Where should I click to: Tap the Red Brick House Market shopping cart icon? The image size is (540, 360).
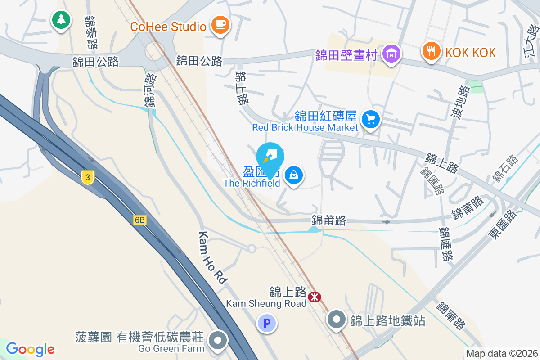pyautogui.click(x=371, y=120)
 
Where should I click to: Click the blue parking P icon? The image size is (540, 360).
pyautogui.click(x=266, y=323)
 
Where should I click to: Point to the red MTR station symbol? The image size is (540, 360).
pyautogui.click(x=314, y=297)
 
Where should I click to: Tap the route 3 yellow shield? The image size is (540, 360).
pyautogui.click(x=88, y=177)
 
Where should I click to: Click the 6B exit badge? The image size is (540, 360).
pyautogui.click(x=140, y=220)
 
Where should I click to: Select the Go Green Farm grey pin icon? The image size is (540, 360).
pyautogui.click(x=219, y=340)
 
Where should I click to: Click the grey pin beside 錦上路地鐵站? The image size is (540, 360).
pyautogui.click(x=336, y=320)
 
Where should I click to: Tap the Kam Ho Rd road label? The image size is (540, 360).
pyautogui.click(x=212, y=257)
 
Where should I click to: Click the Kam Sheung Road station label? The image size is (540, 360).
pyautogui.click(x=266, y=303)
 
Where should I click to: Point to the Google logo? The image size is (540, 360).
pyautogui.click(x=30, y=349)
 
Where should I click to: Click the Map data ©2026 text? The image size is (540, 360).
pyautogui.click(x=501, y=354)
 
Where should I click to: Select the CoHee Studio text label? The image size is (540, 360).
pyautogui.click(x=168, y=27)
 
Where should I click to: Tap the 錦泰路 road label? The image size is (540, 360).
pyautogui.click(x=91, y=32)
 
